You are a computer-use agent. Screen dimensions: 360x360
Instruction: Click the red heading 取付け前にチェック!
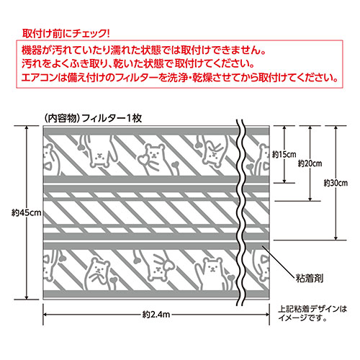pos(66,33)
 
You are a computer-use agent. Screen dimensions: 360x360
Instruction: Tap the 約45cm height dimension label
pos(27,212)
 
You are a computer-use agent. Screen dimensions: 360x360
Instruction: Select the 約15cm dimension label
pos(284,154)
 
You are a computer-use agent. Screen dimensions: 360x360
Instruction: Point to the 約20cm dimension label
pos(310,163)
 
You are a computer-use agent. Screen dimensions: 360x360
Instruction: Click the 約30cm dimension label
pos(336,183)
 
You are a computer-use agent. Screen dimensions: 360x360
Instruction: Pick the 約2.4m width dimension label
pos(156,314)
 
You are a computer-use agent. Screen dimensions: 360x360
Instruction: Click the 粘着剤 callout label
pos(310,279)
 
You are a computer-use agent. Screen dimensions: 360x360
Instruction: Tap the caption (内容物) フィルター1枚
pos(93,118)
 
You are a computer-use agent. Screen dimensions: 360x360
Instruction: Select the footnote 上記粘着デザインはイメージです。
pos(312,313)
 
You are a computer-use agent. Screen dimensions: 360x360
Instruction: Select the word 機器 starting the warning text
pos(31,50)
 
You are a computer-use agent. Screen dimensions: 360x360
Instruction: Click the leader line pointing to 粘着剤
pos(279,262)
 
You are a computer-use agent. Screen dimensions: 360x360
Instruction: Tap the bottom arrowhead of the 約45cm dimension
pos(27,297)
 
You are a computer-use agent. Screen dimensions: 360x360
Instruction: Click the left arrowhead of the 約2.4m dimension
pos(45,314)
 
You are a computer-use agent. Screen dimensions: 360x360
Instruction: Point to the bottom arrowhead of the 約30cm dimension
pos(336,238)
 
